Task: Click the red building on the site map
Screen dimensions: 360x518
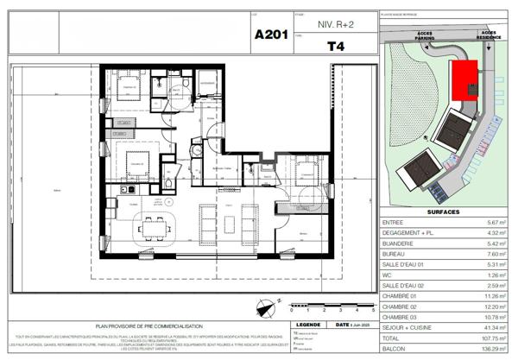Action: (x=466, y=77)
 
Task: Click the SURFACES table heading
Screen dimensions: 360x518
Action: (x=443, y=212)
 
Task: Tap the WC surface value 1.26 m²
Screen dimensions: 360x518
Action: (x=496, y=275)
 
